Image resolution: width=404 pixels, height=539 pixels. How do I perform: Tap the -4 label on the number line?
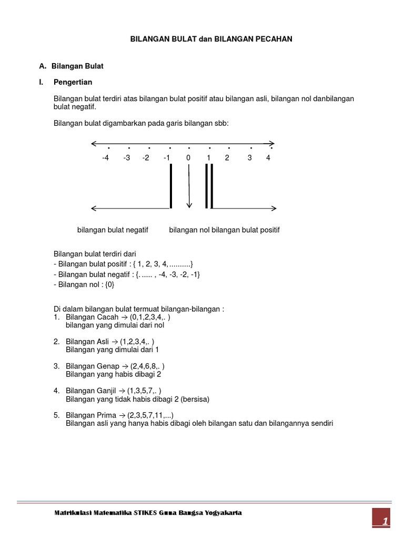point(105,158)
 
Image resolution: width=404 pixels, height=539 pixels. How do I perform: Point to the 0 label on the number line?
point(188,158)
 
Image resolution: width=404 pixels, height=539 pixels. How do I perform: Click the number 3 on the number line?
point(250,158)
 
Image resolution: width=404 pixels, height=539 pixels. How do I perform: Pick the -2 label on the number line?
point(146,158)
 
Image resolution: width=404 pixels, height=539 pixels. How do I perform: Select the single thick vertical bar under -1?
point(171,186)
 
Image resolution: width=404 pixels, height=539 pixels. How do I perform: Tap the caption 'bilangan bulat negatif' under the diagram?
point(113,230)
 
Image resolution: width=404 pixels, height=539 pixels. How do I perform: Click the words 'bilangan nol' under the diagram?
point(189,230)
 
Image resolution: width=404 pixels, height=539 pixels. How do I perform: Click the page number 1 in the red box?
point(385,522)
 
